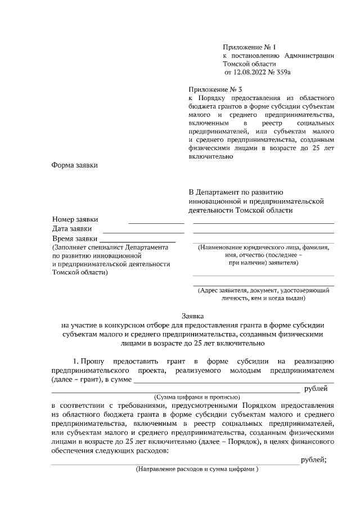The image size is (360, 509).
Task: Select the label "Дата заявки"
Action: [x=72, y=229]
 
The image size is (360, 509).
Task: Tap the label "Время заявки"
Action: [x=74, y=238]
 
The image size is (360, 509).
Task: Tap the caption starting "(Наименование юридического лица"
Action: [x=263, y=247]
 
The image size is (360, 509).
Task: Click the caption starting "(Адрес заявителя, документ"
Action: [x=263, y=290]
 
